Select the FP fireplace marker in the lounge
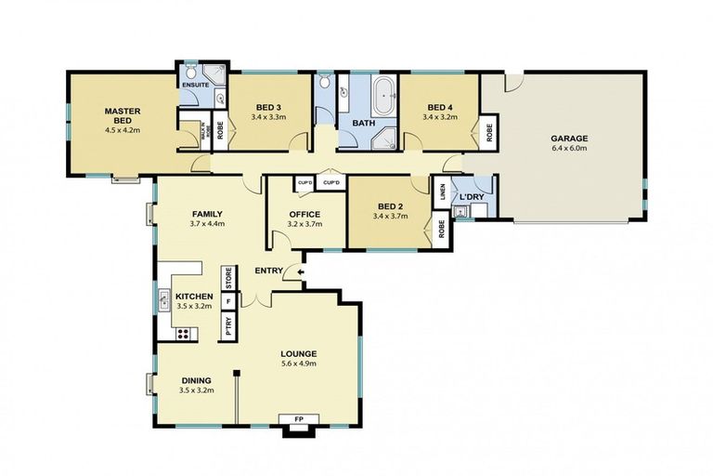(299, 419)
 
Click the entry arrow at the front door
(299, 271)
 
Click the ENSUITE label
(195, 85)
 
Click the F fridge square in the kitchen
(227, 300)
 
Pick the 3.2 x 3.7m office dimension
(305, 225)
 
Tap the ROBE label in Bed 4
(487, 132)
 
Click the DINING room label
(196, 380)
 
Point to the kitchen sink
(162, 300)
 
